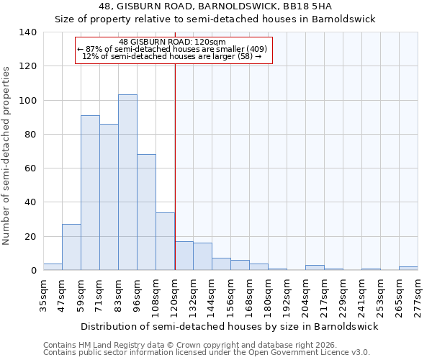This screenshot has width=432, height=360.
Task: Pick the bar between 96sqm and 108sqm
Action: pos(146,212)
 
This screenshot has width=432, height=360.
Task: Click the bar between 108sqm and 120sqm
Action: pos(165,241)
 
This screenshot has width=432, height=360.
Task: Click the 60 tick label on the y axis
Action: pos(30,168)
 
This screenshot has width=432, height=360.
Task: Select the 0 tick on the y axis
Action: pos(33,271)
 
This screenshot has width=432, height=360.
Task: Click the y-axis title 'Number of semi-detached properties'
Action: pos(7,155)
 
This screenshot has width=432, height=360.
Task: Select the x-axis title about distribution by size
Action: pos(230,326)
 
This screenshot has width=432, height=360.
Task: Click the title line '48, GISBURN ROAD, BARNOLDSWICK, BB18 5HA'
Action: pos(215,6)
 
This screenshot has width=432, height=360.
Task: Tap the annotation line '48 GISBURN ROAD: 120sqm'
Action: pos(172,42)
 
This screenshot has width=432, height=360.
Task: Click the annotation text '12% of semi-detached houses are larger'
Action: pos(172,56)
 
